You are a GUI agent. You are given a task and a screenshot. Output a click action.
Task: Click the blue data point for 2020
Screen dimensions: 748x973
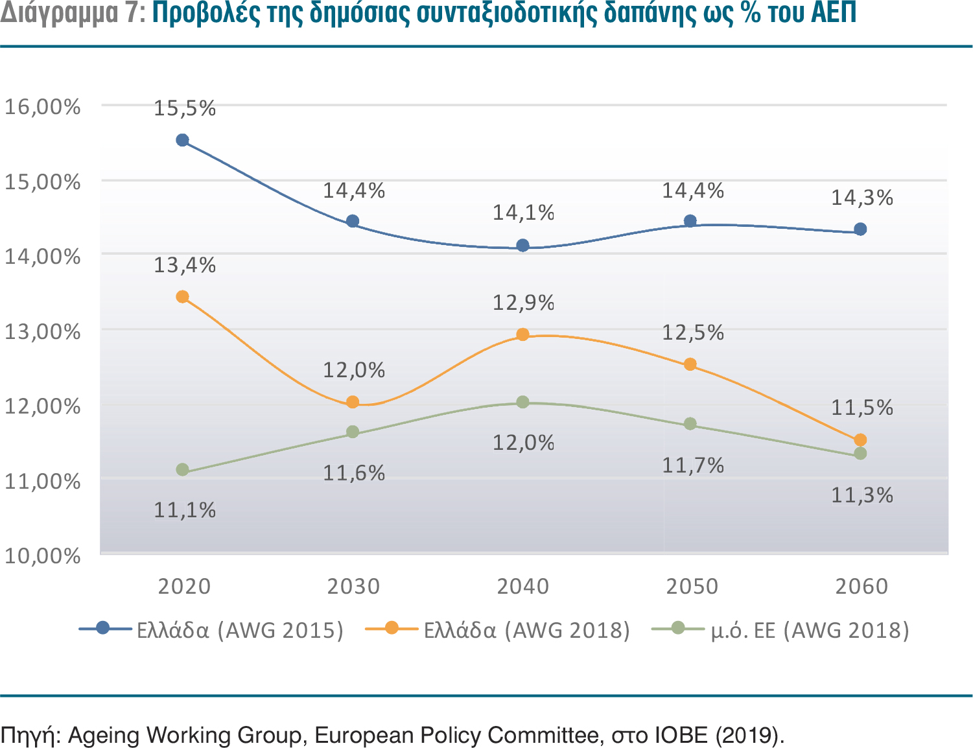182,140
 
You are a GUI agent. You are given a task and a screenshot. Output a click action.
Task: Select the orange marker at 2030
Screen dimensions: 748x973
353,402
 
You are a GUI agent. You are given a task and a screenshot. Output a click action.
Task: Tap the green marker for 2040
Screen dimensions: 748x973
522,402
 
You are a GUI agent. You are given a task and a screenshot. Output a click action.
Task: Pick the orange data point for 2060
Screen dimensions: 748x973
860,440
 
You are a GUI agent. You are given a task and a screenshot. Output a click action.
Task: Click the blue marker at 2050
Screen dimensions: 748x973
690,221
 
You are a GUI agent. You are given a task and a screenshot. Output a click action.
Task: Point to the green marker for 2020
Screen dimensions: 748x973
182,469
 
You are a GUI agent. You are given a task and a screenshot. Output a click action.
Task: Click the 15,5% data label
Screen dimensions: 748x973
185,108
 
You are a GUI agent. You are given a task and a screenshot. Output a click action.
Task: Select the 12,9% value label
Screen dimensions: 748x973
524,303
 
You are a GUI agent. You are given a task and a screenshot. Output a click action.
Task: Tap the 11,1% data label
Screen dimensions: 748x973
185,510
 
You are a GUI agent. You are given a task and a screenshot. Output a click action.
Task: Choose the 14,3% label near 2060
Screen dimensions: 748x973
862,198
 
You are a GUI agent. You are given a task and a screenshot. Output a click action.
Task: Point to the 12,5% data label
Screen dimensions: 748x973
693,333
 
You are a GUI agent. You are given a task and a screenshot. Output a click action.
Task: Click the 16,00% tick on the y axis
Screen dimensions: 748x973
43,106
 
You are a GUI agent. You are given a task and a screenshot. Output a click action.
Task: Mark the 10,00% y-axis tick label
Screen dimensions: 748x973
43,555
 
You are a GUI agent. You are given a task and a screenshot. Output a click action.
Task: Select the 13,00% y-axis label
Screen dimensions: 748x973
43,331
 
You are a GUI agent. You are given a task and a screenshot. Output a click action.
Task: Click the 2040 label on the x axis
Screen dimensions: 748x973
522,587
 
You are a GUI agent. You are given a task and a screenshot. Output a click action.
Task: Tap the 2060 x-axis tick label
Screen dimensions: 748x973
861,587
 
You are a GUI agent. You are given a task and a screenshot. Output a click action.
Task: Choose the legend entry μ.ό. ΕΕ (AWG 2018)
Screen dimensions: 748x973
810,630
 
